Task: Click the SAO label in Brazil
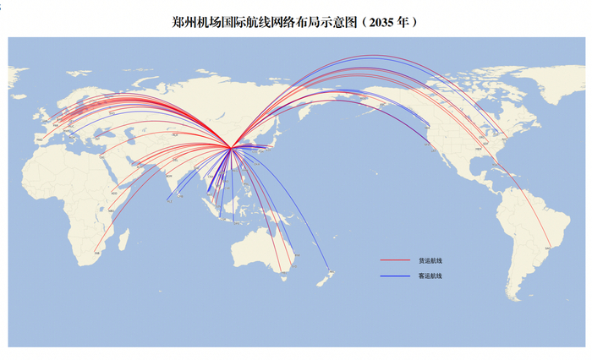click(x=547, y=247)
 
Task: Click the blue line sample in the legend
click(x=394, y=276)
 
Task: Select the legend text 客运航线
click(x=430, y=276)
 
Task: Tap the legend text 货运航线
click(x=430, y=260)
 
